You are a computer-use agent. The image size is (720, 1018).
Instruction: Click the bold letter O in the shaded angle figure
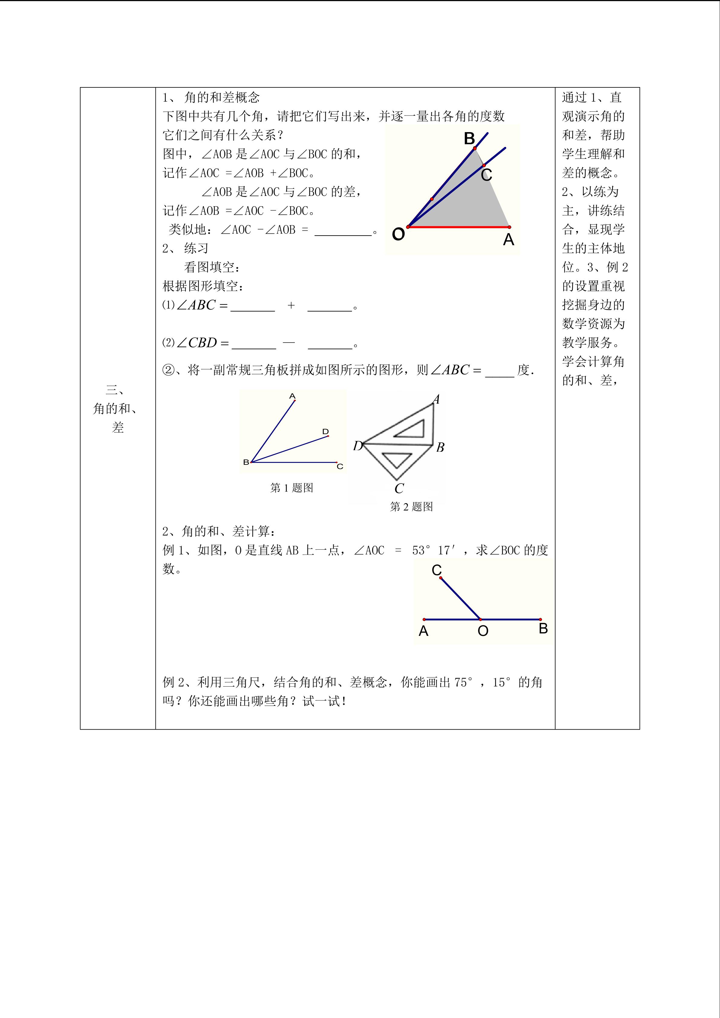pos(398,234)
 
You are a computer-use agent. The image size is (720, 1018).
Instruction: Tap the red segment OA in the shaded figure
pos(458,227)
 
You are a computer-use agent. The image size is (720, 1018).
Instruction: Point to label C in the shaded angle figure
pos(486,175)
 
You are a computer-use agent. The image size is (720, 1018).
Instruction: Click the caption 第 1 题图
pos(292,488)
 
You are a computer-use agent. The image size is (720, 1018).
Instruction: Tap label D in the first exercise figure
pos(325,431)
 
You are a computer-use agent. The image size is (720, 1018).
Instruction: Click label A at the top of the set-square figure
pos(436,399)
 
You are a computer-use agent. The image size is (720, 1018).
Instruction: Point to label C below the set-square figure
pos(399,489)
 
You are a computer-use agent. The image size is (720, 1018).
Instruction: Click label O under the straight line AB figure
pos(483,631)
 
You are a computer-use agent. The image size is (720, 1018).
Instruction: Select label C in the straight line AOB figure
pos(437,570)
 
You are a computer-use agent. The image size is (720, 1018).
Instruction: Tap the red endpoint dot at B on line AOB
pos(540,620)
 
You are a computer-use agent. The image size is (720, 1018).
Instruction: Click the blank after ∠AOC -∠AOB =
pos(343,231)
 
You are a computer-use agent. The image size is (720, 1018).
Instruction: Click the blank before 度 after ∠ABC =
pos(500,371)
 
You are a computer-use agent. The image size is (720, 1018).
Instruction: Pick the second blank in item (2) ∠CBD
pos(330,344)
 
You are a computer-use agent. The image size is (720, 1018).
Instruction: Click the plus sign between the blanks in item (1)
pos(291,305)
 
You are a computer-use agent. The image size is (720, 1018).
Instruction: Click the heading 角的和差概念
pos(222,97)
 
